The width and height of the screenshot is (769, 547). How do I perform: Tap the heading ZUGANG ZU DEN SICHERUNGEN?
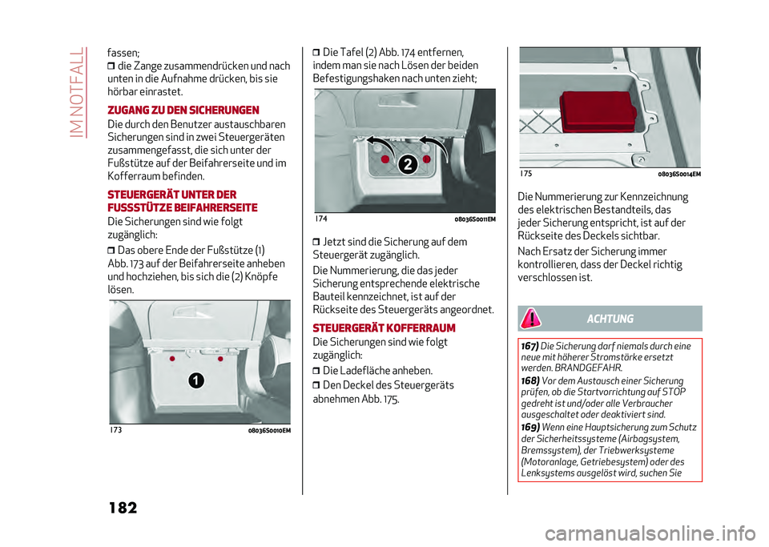pyautogui.click(x=183, y=110)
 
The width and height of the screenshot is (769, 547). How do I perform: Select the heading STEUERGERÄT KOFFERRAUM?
pyautogui.click(x=384, y=328)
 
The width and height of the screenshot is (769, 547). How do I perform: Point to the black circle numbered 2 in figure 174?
pyautogui.click(x=408, y=164)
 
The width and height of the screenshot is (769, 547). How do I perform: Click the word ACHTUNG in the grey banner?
pyautogui.click(x=610, y=319)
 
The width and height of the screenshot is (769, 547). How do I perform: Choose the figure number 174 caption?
pyautogui.click(x=321, y=219)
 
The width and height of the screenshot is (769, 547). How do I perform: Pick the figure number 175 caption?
pyautogui.click(x=525, y=174)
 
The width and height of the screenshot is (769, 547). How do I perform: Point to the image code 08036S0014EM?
pyautogui.click(x=679, y=174)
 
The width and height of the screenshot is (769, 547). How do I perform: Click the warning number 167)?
pyautogui.click(x=529, y=346)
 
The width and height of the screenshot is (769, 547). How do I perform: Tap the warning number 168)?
pyautogui.click(x=530, y=380)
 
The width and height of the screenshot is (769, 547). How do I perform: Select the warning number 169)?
pyautogui.click(x=530, y=427)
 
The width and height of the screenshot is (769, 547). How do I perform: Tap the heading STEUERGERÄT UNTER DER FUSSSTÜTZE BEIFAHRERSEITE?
pyautogui.click(x=183, y=200)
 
